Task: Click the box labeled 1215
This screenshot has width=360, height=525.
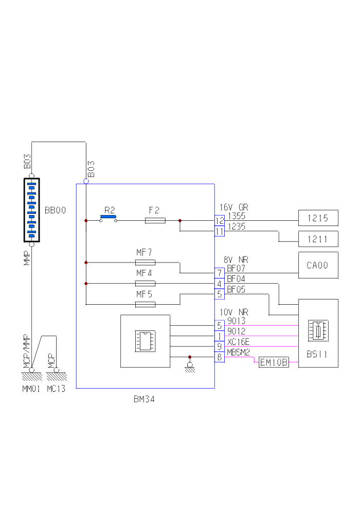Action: pyautogui.click(x=318, y=218)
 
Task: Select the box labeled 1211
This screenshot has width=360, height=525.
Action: pyautogui.click(x=318, y=239)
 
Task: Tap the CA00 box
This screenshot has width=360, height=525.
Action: pyautogui.click(x=318, y=265)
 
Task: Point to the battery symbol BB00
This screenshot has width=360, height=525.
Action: pyautogui.click(x=31, y=210)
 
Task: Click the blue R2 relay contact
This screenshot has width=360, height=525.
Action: pyautogui.click(x=108, y=217)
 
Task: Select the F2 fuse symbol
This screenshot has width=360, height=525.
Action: pyautogui.click(x=155, y=220)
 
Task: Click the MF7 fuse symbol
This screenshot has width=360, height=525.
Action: pyautogui.click(x=145, y=262)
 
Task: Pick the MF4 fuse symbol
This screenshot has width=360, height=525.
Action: pyautogui.click(x=145, y=283)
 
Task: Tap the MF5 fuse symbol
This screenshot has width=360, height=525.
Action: pyautogui.click(x=145, y=304)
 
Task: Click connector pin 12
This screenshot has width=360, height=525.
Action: pyautogui.click(x=220, y=221)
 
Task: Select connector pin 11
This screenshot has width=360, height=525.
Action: pyautogui.click(x=220, y=232)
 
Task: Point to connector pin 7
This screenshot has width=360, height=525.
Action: pyautogui.click(x=220, y=273)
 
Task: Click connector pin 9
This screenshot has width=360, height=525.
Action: pyautogui.click(x=220, y=346)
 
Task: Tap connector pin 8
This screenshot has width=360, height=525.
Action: pyautogui.click(x=220, y=357)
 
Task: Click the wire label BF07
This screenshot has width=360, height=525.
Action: pyautogui.click(x=236, y=268)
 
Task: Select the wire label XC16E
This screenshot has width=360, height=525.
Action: pyautogui.click(x=238, y=342)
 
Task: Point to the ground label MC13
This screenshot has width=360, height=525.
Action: pyautogui.click(x=56, y=389)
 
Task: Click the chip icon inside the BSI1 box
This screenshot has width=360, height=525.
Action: pyautogui.click(x=317, y=330)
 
